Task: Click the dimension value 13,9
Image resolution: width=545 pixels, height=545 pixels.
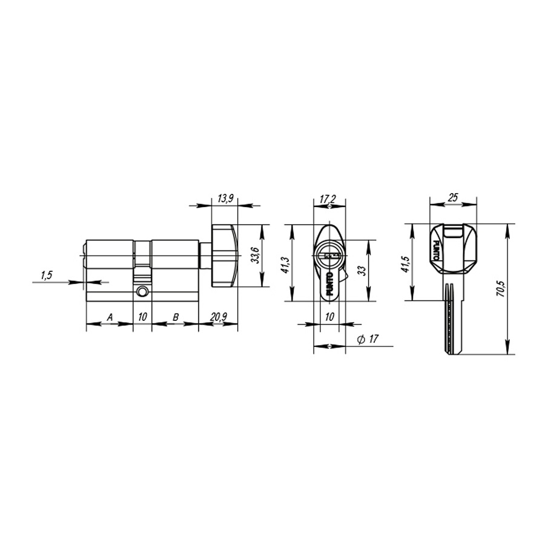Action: (x=225, y=199)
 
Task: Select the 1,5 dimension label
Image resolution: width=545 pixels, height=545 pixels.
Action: (x=47, y=276)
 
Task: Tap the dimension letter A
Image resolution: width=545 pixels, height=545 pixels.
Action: (x=110, y=317)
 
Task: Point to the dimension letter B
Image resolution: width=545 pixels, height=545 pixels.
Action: (x=176, y=317)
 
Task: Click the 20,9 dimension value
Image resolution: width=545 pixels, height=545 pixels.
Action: (x=218, y=317)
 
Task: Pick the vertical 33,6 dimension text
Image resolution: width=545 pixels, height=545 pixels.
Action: (x=255, y=256)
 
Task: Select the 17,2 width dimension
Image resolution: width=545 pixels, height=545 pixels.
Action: (x=329, y=199)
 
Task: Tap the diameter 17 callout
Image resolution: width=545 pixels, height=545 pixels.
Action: (x=368, y=340)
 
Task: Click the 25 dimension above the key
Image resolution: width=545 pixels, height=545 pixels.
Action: (x=453, y=197)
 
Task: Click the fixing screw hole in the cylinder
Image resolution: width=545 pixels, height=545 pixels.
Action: (x=142, y=292)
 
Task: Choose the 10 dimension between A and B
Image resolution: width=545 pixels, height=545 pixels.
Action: (x=142, y=317)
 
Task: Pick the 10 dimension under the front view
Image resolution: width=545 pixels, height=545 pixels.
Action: (x=329, y=317)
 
